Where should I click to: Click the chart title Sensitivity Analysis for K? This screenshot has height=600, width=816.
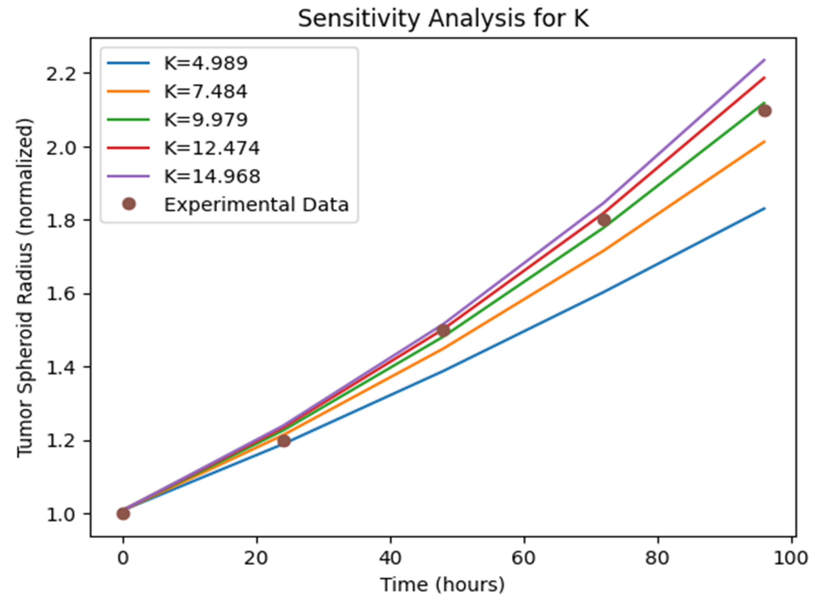click(x=443, y=19)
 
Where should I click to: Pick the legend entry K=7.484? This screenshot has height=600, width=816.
click(x=206, y=91)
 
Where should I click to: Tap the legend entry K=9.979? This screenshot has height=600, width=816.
click(x=206, y=120)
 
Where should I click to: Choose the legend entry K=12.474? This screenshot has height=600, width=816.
click(x=212, y=148)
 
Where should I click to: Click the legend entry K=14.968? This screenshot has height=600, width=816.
click(x=212, y=176)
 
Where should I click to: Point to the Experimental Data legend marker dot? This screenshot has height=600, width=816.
click(x=129, y=205)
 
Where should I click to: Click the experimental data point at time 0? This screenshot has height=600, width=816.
click(x=123, y=514)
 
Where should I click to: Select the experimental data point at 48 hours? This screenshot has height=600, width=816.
click(x=443, y=331)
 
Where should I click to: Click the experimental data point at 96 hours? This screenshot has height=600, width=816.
click(x=765, y=111)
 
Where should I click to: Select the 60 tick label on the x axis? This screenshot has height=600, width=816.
click(x=524, y=558)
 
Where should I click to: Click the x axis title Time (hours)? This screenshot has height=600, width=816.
click(x=443, y=585)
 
